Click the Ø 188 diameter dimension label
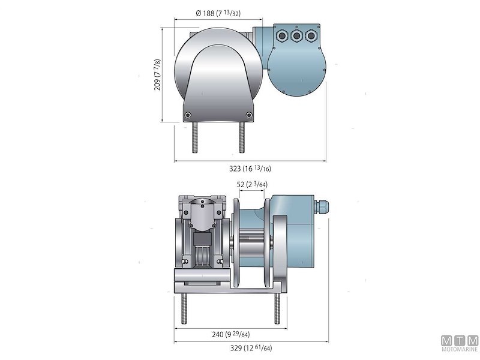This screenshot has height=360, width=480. pos(218,13)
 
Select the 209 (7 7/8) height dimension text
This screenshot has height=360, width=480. pos(157,74)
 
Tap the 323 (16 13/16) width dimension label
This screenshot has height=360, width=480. pos(250,169)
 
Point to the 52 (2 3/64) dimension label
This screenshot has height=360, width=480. pos(252,184)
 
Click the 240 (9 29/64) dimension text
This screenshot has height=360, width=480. pos(230,334)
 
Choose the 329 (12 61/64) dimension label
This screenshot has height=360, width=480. pos(251,348)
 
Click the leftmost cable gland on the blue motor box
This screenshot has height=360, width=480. pos(281,36)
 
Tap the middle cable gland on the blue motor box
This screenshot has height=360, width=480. pos(296,36)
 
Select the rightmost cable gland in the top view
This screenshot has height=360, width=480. pos(311,36)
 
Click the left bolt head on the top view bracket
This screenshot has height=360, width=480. pos(188,115)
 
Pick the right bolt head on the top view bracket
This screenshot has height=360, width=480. pos(249,115)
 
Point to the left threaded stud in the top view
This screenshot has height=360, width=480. pos(195,137)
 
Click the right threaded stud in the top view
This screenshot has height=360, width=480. pos(242,137)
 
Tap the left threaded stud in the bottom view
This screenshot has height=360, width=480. pos(184,308)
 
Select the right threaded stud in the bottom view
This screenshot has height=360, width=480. pos(277,308)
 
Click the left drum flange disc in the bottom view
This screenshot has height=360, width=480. pos(236,244)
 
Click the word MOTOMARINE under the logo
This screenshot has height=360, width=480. pos(460,349)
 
